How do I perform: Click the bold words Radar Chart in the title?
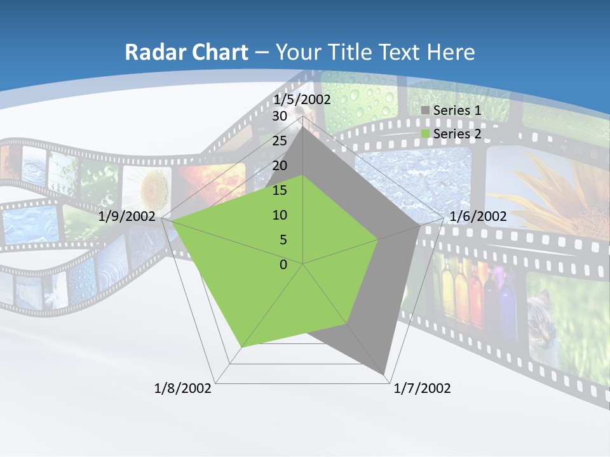[186, 52]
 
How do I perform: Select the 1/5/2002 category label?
[302, 100]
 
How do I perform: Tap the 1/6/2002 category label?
[478, 216]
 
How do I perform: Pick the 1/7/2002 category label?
[422, 388]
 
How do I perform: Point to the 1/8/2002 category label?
[183, 388]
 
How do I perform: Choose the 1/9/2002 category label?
[127, 216]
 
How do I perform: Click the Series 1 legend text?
[457, 110]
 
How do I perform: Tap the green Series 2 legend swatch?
[426, 134]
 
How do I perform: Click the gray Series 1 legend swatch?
[426, 110]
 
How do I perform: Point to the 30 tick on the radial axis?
[280, 116]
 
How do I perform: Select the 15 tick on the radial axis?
[280, 190]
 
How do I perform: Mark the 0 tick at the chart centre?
[283, 265]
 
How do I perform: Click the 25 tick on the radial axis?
[280, 141]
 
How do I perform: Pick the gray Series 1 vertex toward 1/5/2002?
[303, 126]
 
